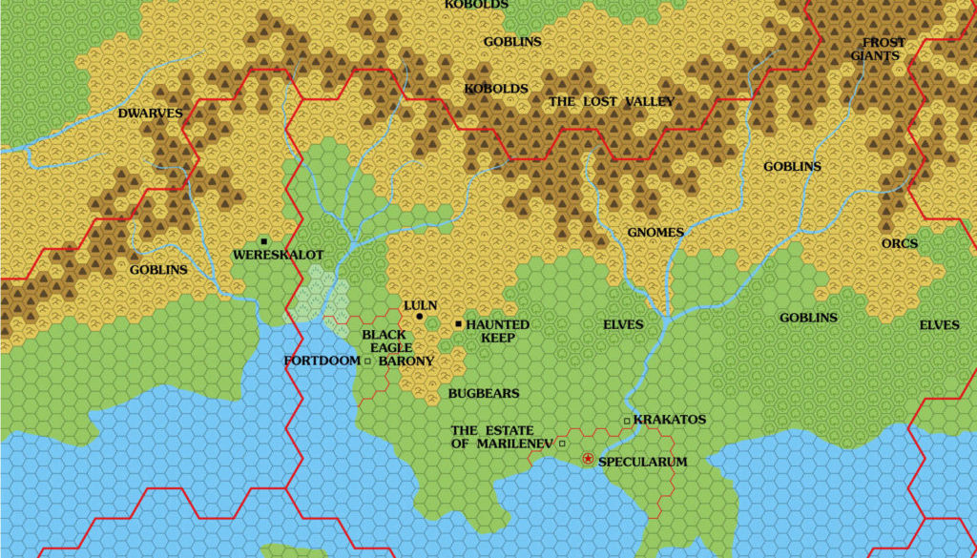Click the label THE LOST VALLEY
pos(611,101)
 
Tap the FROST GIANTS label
pos(882,49)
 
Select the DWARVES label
pos(150,113)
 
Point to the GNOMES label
pos(655,232)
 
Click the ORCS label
pos(899,243)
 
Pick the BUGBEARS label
pos(484,393)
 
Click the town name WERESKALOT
pos(279,255)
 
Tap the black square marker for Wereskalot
pos(263,241)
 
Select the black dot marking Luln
pos(420,317)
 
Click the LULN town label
pos(420,305)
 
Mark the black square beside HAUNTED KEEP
pos(459,324)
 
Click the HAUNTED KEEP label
pos(496,331)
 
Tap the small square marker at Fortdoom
pos(367,361)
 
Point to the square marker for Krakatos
pos(626,421)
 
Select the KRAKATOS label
pos(669,420)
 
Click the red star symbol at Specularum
pos(588,460)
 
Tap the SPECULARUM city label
pos(642,462)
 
